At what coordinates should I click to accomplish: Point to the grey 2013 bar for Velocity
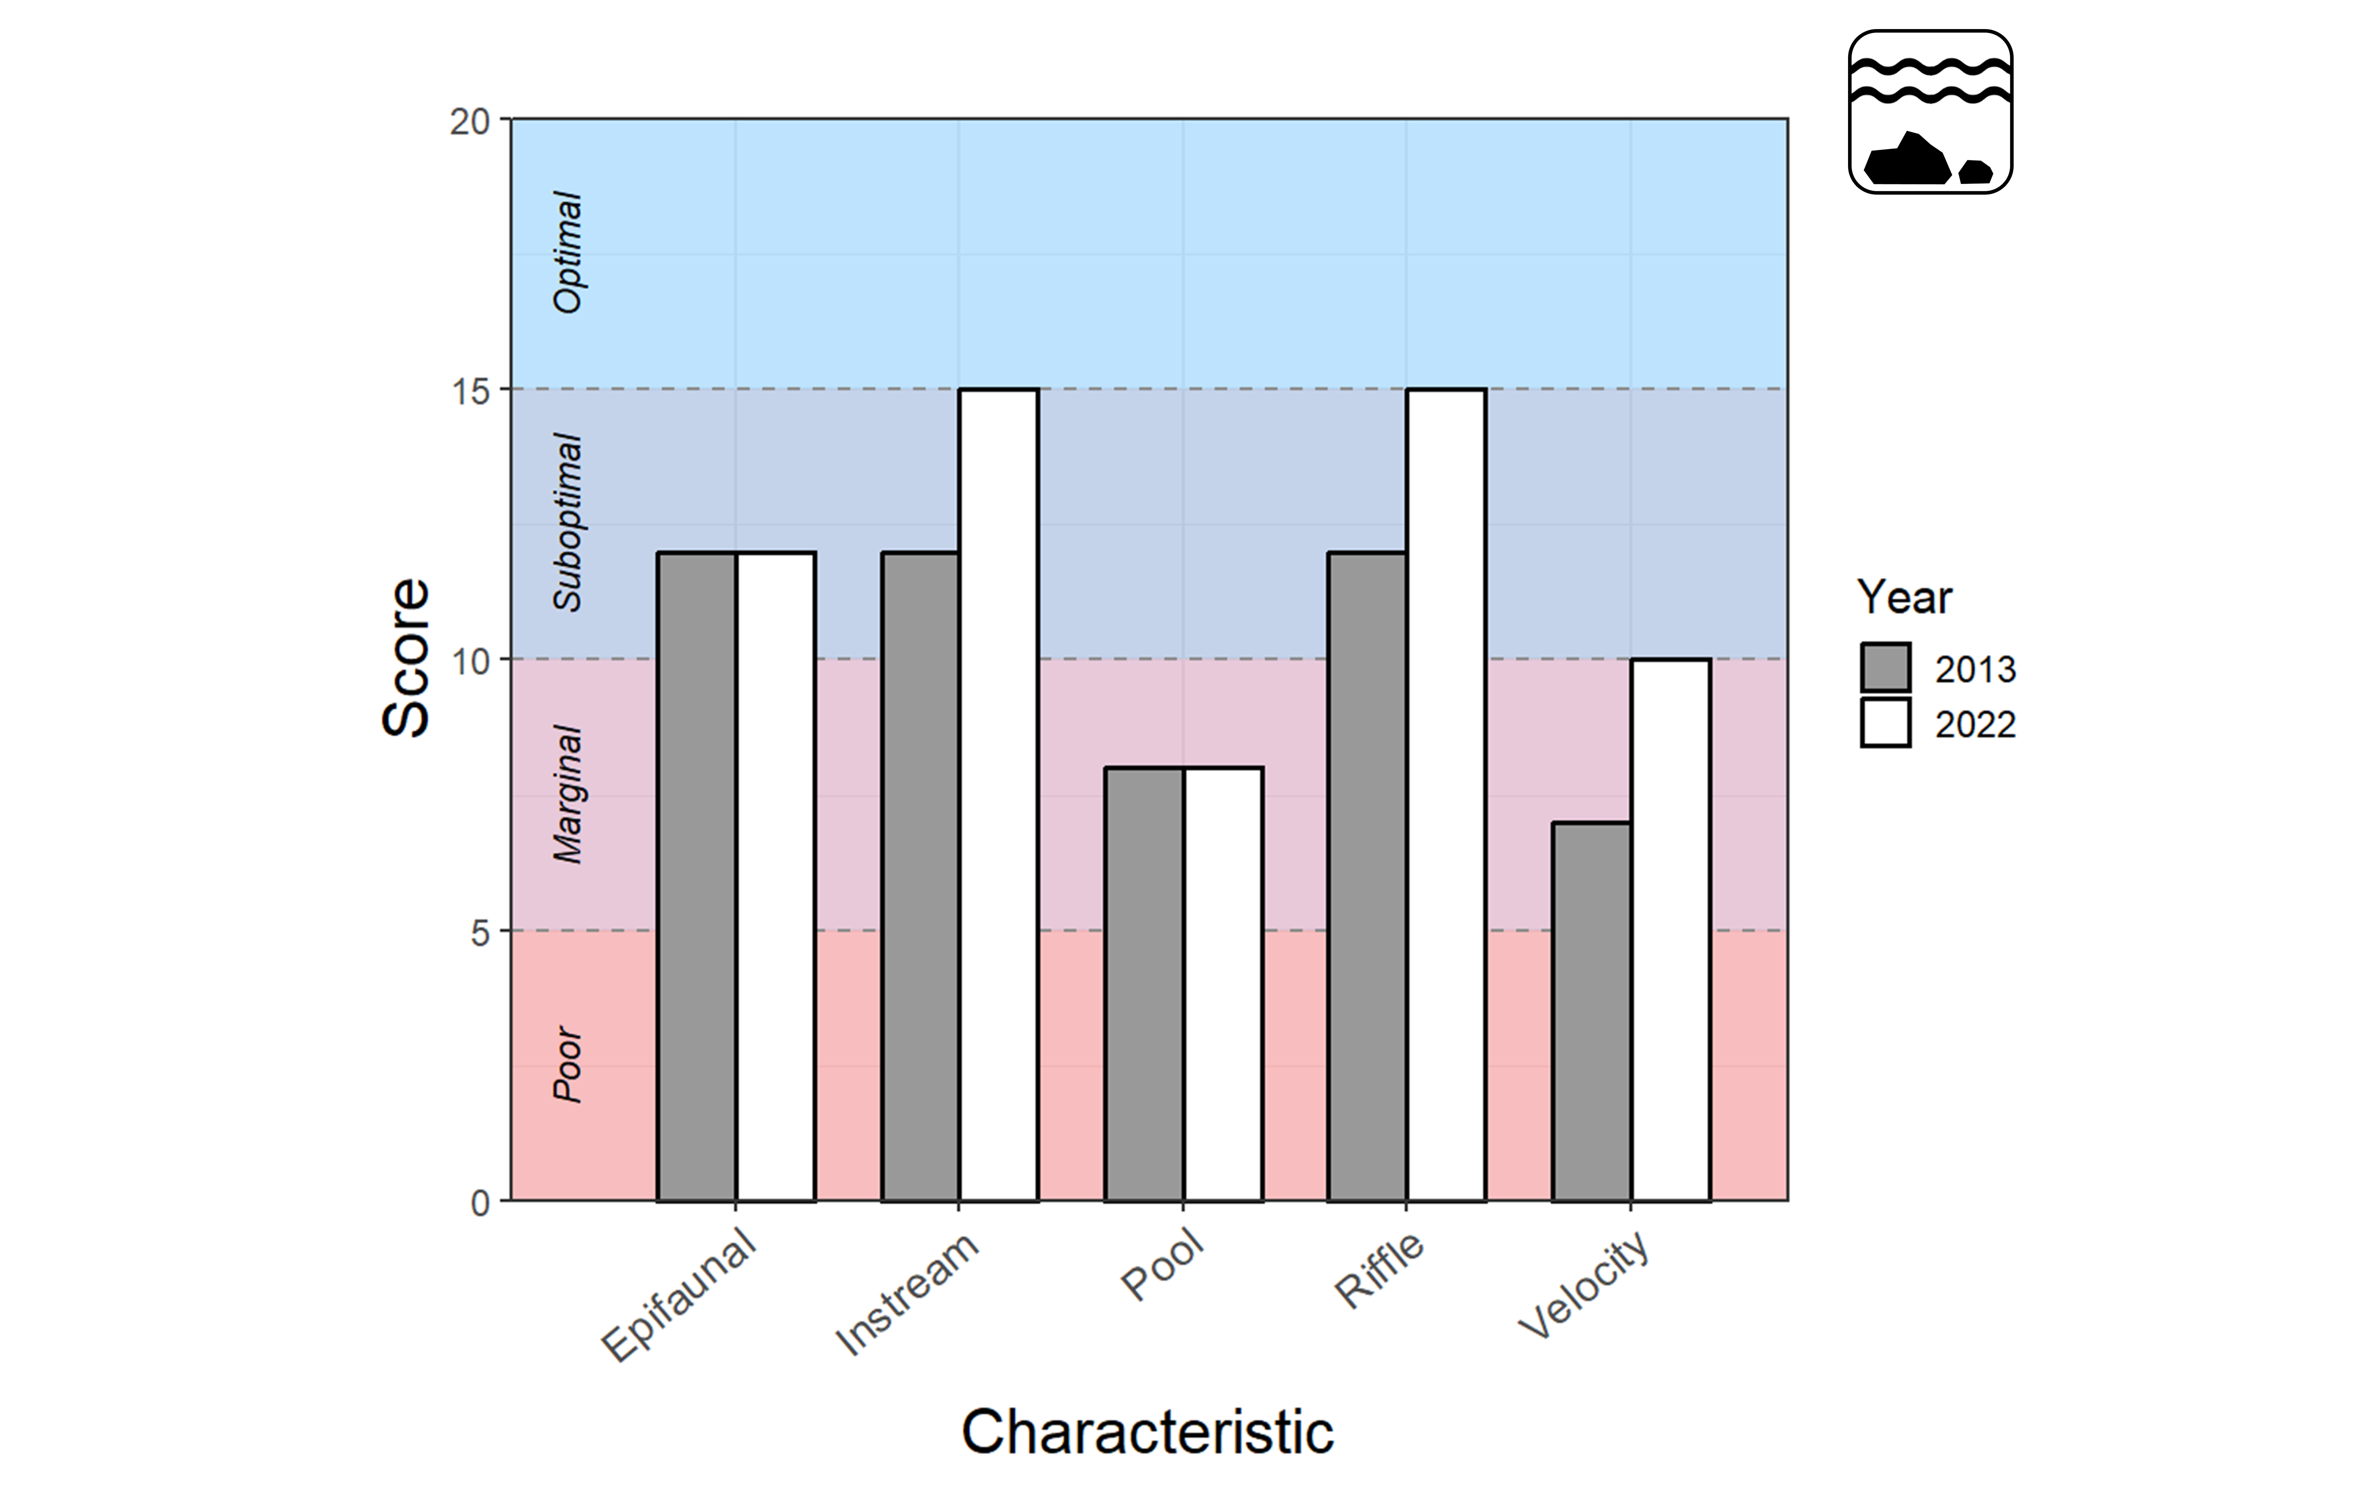pyautogui.click(x=1591, y=1011)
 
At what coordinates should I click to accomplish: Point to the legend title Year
pyautogui.click(x=1903, y=597)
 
